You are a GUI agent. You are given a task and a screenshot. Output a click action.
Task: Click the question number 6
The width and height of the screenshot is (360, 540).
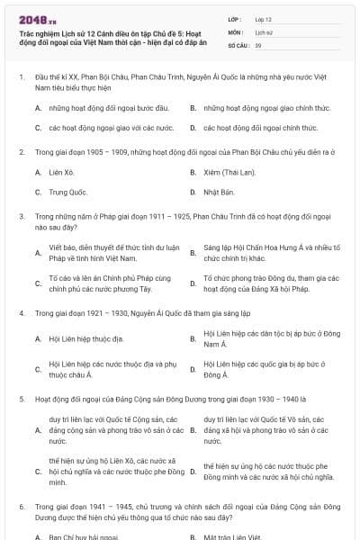[x=21, y=507]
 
